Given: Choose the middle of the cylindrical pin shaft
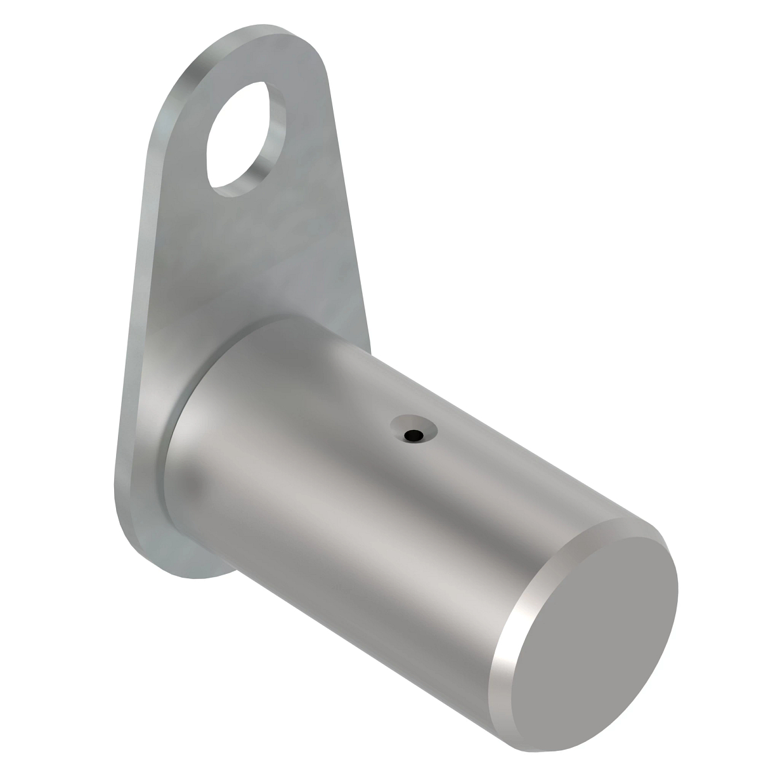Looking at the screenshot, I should pyautogui.click(x=380, y=507).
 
